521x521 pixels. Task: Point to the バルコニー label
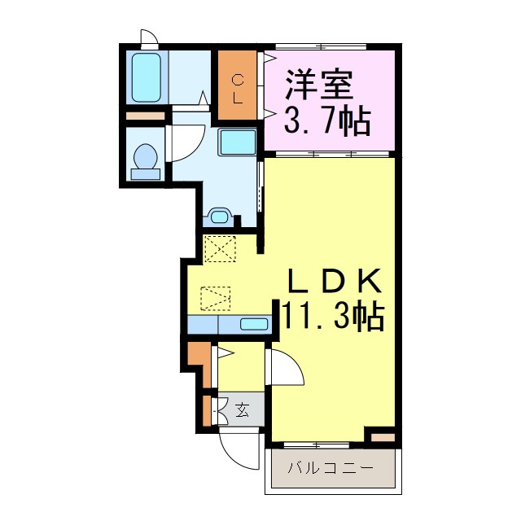pos(331,469)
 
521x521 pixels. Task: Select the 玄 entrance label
pos(243,409)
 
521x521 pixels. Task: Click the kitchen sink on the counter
pos(254,324)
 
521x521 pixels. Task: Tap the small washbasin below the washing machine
pos(220,216)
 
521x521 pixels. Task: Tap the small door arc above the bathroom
pos(150,37)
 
